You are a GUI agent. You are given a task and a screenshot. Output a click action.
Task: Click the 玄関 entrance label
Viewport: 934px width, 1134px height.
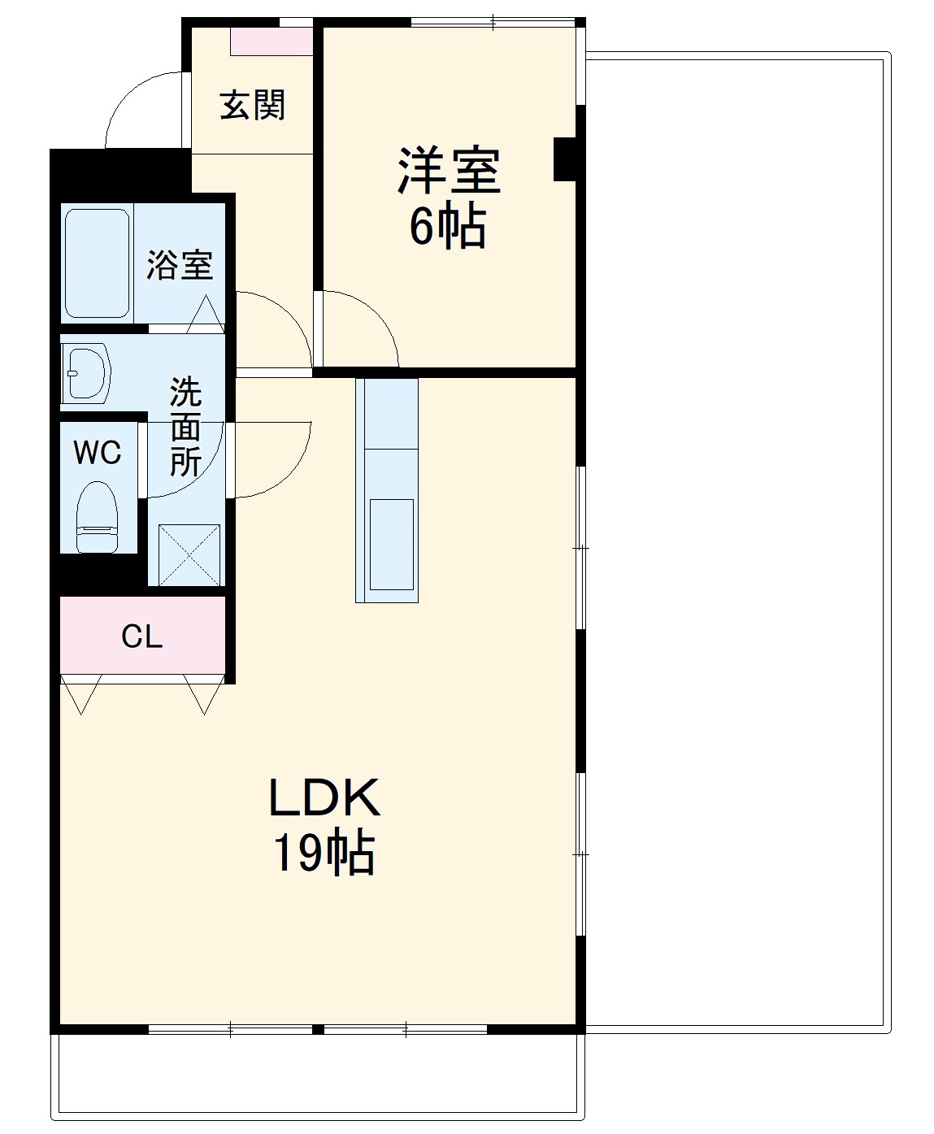tap(253, 106)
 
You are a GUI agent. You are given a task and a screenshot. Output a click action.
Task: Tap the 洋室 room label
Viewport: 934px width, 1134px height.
tap(448, 170)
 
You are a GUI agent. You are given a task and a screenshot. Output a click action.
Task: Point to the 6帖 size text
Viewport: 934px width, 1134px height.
tap(448, 227)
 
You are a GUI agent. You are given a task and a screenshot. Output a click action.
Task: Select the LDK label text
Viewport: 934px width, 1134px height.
tap(324, 798)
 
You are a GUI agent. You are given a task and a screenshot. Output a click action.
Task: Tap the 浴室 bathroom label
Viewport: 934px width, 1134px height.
tap(180, 265)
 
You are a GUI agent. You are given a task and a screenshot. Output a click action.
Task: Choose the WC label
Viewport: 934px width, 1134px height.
tap(98, 452)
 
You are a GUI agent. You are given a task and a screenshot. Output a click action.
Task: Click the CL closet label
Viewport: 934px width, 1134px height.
tap(142, 637)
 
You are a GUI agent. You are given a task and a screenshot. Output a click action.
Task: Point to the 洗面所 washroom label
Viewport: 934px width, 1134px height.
tap(185, 428)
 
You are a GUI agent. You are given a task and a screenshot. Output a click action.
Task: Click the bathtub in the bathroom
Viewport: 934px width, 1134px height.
tap(97, 263)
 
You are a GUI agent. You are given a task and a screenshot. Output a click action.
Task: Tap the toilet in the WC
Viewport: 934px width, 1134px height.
tap(97, 517)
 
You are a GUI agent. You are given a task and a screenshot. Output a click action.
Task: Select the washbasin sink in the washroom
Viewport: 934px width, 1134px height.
tap(87, 373)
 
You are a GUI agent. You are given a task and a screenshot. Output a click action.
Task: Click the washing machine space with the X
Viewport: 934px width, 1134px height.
tap(189, 554)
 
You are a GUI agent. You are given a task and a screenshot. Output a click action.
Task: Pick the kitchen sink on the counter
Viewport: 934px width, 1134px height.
tap(392, 544)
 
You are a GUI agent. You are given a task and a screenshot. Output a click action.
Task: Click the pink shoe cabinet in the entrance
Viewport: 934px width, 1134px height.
tap(272, 41)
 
